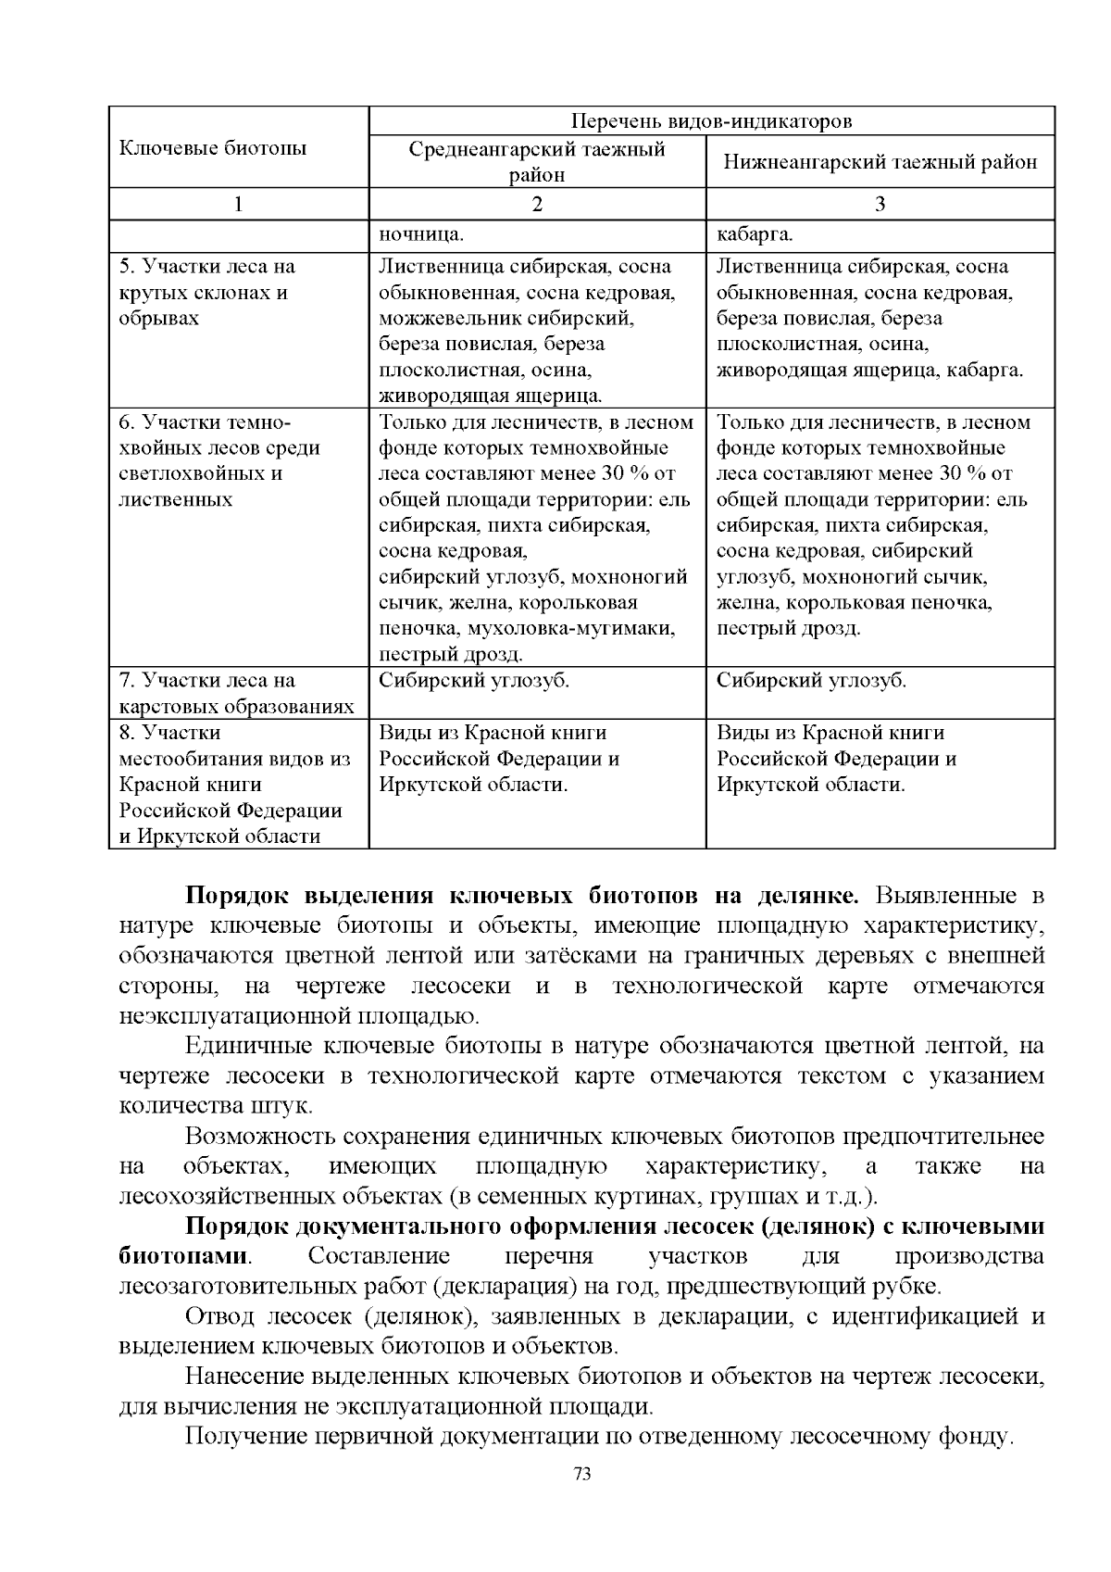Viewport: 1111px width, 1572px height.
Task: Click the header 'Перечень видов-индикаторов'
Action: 712,121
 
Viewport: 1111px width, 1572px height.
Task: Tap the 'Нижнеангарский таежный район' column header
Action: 880,161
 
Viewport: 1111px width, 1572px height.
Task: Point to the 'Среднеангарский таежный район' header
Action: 538,161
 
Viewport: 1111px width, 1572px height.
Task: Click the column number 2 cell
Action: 538,204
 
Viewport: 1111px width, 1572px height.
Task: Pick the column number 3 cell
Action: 880,204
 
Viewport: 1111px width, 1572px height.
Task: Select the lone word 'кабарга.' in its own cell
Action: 755,233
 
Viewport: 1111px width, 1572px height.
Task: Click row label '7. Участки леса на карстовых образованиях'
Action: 237,694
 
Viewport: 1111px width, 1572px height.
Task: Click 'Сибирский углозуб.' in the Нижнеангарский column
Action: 812,681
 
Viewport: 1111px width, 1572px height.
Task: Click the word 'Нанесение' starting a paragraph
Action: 247,1376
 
